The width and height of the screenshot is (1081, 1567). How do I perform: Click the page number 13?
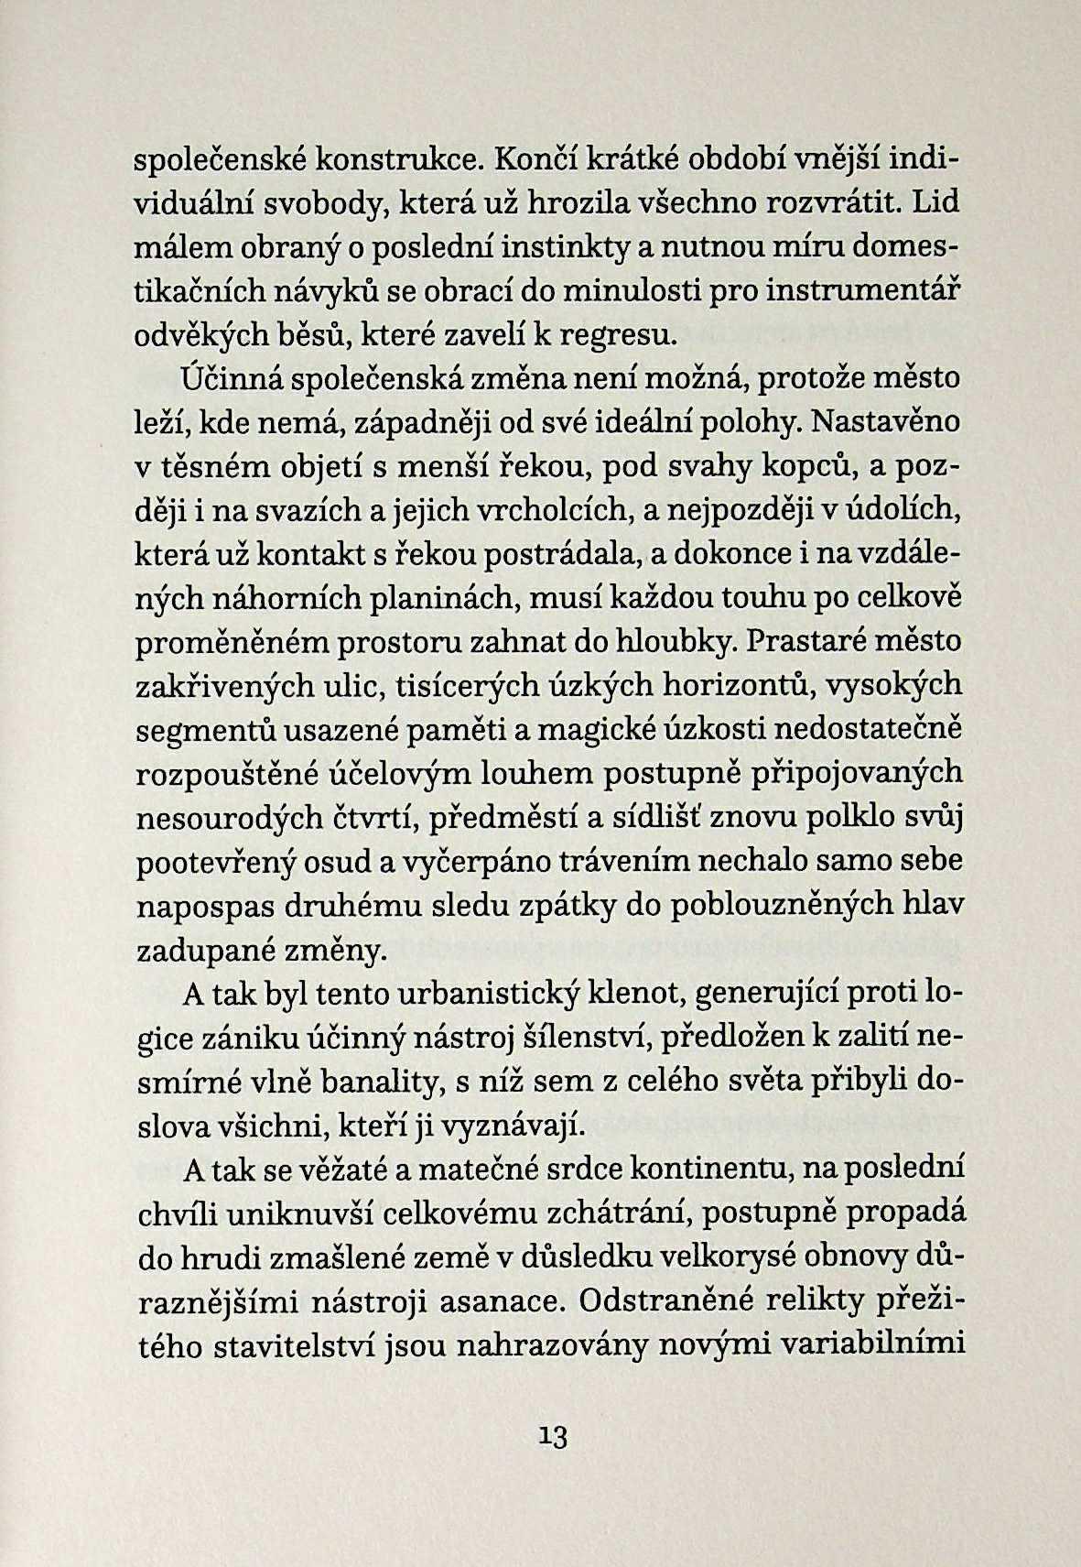tap(555, 1437)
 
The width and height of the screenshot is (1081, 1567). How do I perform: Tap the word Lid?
tap(935, 202)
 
